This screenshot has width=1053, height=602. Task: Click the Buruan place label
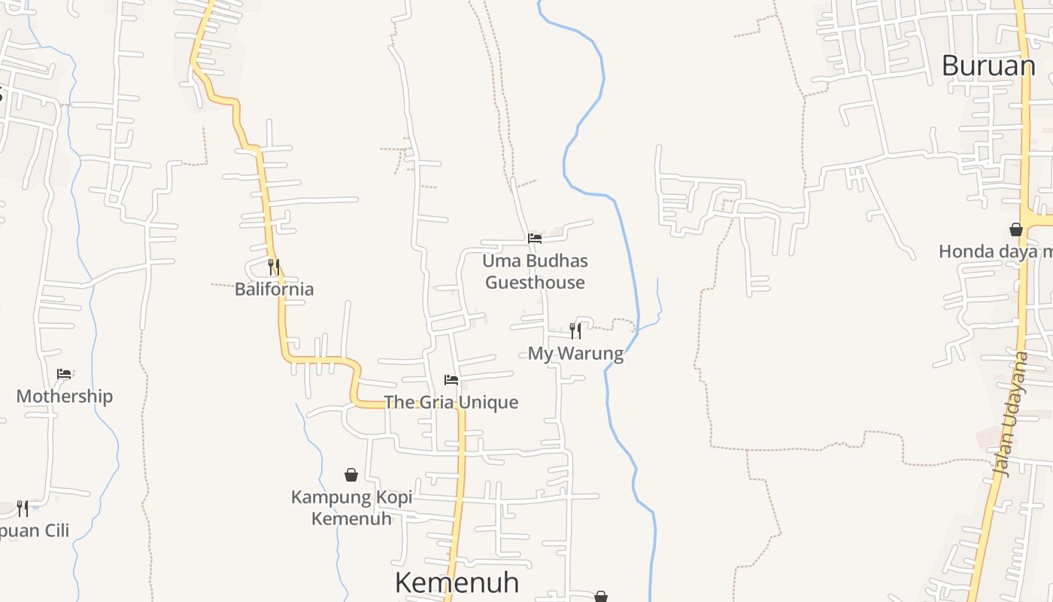click(x=988, y=66)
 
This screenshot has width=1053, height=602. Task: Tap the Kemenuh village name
click(x=457, y=582)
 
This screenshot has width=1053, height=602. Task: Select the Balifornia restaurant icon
click(x=274, y=266)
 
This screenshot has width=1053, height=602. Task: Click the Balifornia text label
click(x=274, y=289)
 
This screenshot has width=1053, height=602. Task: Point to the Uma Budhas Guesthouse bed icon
click(x=535, y=238)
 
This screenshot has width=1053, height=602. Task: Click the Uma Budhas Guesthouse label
click(x=535, y=272)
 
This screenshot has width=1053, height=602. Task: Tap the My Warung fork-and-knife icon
click(x=575, y=330)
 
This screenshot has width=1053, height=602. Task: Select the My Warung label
click(x=575, y=354)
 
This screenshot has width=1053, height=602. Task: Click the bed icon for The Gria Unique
click(x=451, y=379)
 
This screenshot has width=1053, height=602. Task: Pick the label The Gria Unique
click(x=451, y=402)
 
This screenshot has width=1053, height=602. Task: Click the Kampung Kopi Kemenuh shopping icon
click(x=351, y=475)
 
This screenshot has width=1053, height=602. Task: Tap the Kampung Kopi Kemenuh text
click(x=351, y=508)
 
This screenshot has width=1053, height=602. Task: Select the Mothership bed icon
click(x=64, y=373)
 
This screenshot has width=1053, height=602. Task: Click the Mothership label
click(x=64, y=396)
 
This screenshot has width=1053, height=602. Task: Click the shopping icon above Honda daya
click(x=1016, y=229)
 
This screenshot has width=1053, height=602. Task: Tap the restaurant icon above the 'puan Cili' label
click(x=23, y=509)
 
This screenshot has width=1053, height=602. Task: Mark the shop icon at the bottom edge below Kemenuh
click(x=601, y=597)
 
